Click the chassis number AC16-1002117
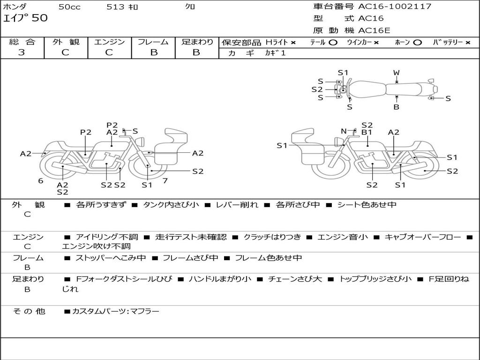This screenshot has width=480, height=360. pyautogui.click(x=395, y=7)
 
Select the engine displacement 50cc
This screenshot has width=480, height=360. pyautogui.click(x=69, y=7)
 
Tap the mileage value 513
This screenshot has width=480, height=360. pyautogui.click(x=116, y=7)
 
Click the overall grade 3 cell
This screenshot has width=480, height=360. pyautogui.click(x=22, y=52)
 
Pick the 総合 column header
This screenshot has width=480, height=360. pyautogui.click(x=22, y=42)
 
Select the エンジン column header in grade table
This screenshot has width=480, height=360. pyautogui.click(x=109, y=42)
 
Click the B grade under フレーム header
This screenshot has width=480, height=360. pyautogui.click(x=153, y=52)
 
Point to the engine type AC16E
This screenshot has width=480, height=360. pyautogui.click(x=374, y=31)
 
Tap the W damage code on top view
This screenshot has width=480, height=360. pyautogui.click(x=397, y=73)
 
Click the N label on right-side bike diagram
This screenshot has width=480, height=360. pyautogui.click(x=344, y=131)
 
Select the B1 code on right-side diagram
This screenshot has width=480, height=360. pyautogui.click(x=367, y=132)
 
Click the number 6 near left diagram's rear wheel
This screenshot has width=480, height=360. pyautogui.click(x=41, y=181)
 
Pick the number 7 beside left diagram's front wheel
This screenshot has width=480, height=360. pyautogui.click(x=165, y=181)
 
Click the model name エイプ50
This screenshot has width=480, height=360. pyautogui.click(x=25, y=18)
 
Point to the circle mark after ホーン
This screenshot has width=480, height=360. pyautogui.click(x=418, y=43)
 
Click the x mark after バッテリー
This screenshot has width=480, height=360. pyautogui.click(x=467, y=43)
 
